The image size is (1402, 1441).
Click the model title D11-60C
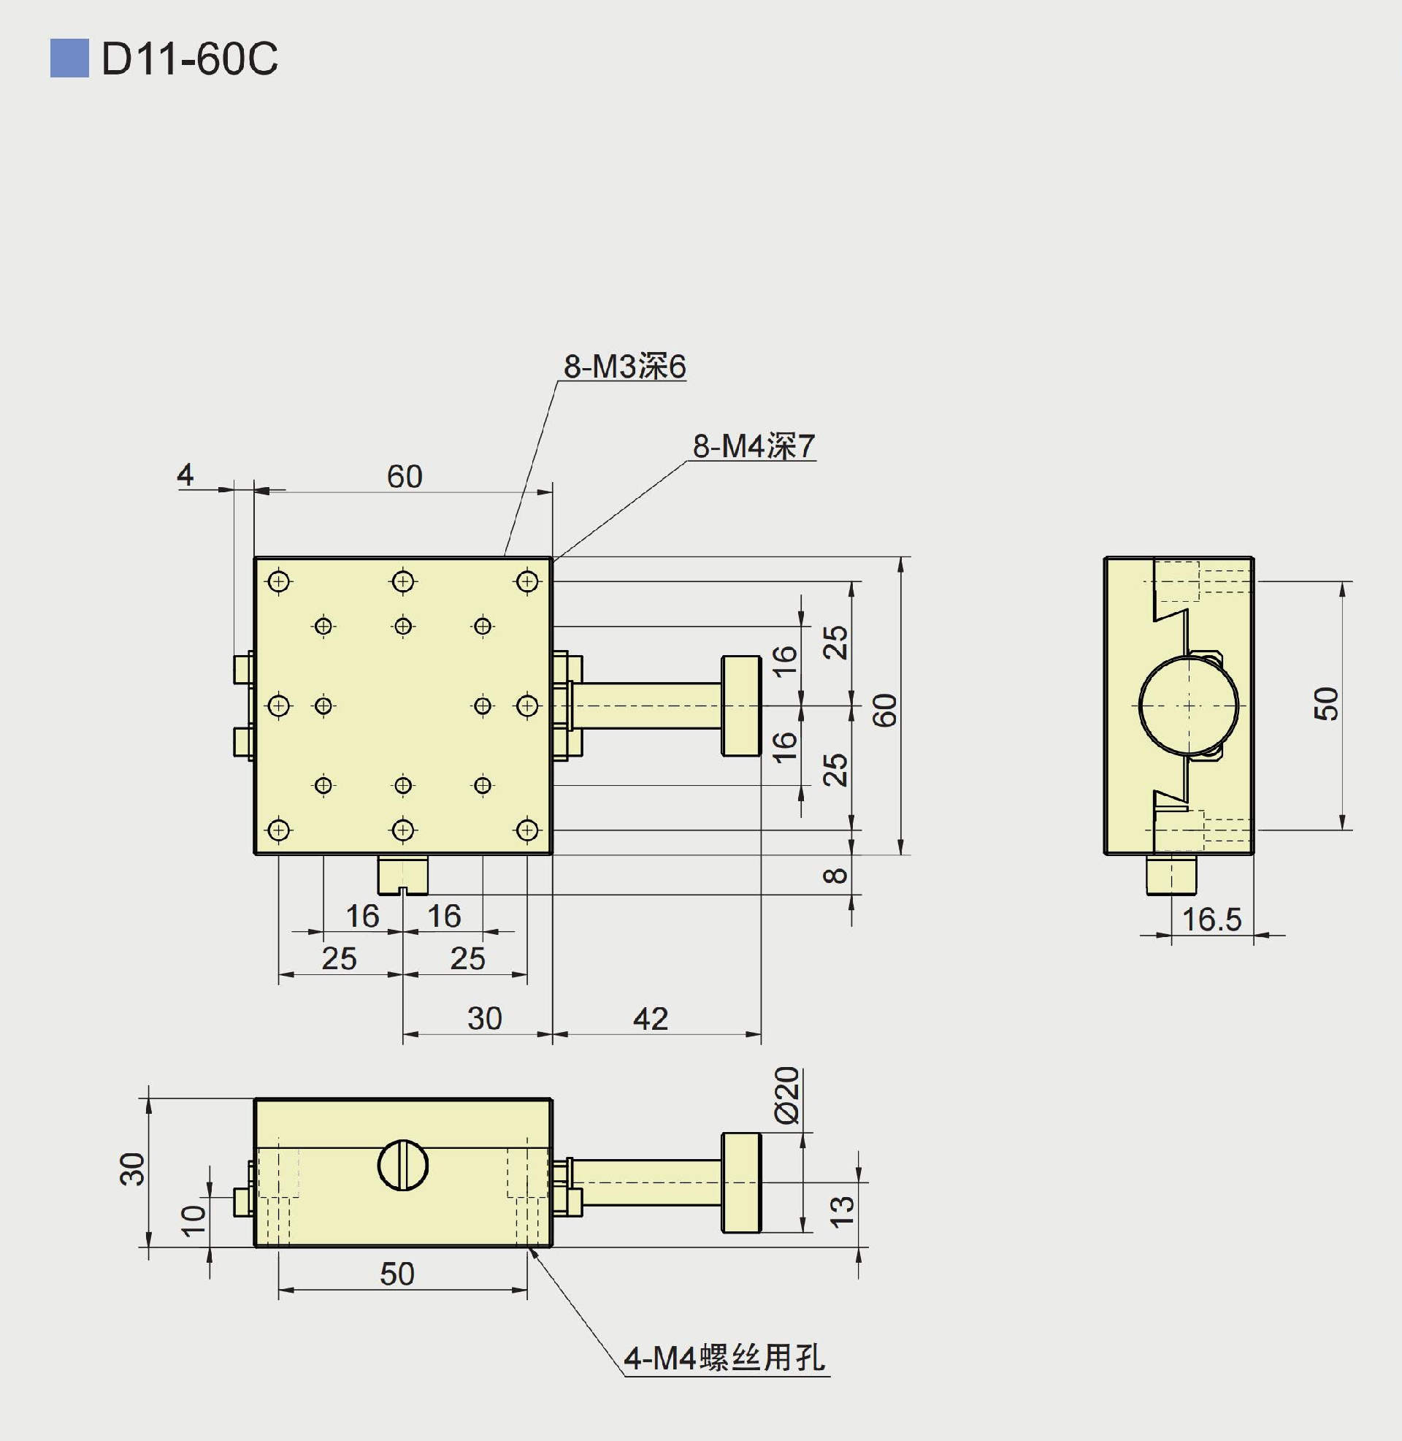point(189,59)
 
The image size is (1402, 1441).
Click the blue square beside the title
point(69,58)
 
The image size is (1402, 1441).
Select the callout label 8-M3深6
point(624,367)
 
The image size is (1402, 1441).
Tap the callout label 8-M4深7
point(754,446)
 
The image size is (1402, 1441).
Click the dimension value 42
point(650,1019)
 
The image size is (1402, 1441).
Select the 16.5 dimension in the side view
point(1211,920)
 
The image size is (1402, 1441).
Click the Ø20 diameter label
point(787,1095)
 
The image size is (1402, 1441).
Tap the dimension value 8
point(835,876)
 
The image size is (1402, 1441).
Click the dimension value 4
point(185,475)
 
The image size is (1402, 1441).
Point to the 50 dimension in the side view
point(1325,704)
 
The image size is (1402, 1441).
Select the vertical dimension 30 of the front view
point(133,1169)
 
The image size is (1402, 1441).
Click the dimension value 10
point(194,1220)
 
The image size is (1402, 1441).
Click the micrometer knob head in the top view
point(740,706)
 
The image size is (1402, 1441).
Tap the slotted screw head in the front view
point(403,1165)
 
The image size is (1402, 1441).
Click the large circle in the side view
point(1189,706)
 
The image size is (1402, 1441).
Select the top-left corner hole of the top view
point(279,581)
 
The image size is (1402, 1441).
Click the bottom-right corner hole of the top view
point(527,830)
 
